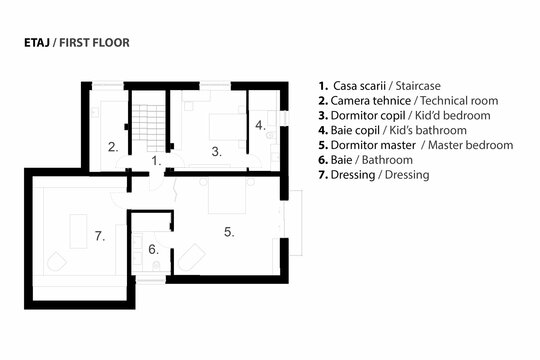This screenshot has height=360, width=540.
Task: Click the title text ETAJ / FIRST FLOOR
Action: [77, 43]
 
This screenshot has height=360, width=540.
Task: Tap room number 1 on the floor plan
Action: [156, 161]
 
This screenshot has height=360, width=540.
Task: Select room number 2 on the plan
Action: [113, 147]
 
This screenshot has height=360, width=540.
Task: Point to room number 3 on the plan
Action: [216, 152]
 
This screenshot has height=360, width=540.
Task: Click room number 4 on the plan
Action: [260, 125]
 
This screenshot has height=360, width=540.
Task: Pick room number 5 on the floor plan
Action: [229, 232]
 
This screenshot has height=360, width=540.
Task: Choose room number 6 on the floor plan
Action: [154, 249]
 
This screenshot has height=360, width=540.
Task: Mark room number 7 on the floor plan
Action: [100, 236]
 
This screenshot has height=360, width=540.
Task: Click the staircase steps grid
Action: [149, 128]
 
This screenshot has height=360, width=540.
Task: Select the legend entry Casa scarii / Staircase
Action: [380, 86]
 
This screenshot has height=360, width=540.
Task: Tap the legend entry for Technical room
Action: [408, 101]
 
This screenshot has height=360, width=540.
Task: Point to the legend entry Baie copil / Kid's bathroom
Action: [393, 130]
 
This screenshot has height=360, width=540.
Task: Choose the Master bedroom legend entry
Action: [416, 145]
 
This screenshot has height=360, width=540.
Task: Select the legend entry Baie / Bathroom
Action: [365, 160]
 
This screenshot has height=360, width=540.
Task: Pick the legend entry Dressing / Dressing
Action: [374, 175]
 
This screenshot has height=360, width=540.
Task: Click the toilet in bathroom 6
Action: [156, 266]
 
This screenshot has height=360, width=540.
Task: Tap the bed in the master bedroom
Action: [227, 195]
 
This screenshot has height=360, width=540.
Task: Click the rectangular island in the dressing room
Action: [79, 231]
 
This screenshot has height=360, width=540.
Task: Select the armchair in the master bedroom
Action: [192, 256]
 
